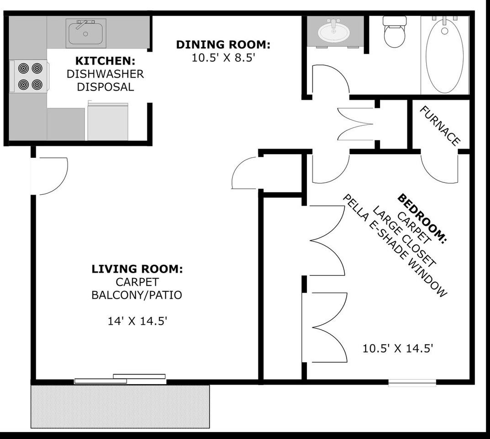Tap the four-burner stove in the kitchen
tap(29, 76)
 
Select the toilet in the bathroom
tap(395, 32)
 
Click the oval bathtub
tap(445, 55)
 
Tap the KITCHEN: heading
tap(105, 61)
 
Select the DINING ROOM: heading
tap(223, 44)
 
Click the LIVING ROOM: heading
tap(137, 269)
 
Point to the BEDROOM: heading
tap(422, 219)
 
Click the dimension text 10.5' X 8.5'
tap(224, 58)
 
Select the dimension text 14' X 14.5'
tap(137, 321)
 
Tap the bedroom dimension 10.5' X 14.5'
tap(397, 348)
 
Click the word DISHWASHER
tap(105, 74)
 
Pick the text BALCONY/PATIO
tap(137, 295)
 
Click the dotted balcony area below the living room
tap(120, 406)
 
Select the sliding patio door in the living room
tap(120, 379)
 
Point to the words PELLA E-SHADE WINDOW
tap(395, 246)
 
